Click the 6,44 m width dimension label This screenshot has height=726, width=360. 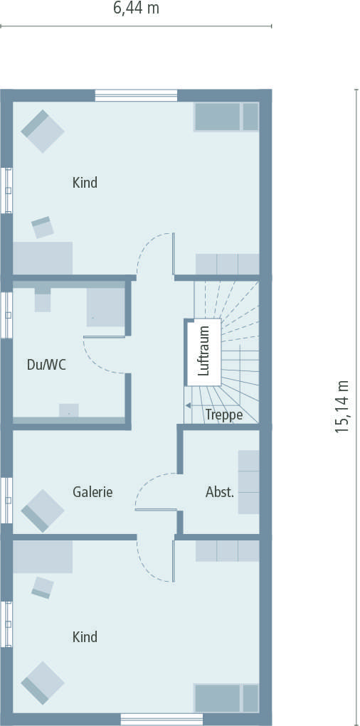[136, 9]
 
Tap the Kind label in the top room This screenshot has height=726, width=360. [85, 183]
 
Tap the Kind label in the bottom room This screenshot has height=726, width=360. [85, 637]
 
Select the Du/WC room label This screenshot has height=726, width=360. [46, 365]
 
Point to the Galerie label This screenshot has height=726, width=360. [92, 492]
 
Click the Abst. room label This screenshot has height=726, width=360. [220, 492]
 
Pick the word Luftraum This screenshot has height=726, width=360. [204, 351]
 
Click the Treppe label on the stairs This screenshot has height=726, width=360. [224, 415]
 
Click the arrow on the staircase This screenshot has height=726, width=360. [188, 405]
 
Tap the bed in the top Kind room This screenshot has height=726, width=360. [226, 117]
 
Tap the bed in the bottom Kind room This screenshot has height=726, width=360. [226, 698]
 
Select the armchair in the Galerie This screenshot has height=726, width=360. [42, 511]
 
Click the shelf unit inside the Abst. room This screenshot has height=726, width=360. [248, 482]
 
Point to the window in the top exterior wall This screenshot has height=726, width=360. [136, 96]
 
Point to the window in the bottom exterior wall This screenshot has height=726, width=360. [162, 719]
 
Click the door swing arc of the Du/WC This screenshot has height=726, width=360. [97, 359]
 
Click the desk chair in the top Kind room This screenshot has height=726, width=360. [43, 228]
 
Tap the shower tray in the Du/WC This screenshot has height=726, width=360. [105, 307]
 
